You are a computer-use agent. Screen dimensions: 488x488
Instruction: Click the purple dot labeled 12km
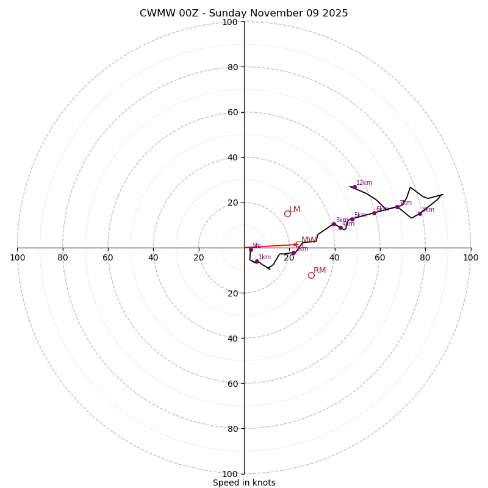(x=354, y=187)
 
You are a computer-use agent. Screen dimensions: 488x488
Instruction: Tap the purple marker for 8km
(x=420, y=213)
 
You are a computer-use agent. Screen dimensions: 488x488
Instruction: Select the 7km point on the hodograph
(x=397, y=207)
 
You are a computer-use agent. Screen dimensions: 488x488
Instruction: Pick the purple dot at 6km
(x=374, y=213)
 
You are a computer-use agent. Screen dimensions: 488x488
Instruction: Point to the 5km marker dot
(x=352, y=219)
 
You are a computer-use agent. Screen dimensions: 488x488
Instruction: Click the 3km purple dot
(x=334, y=224)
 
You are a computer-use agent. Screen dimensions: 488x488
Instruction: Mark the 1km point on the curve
(x=257, y=262)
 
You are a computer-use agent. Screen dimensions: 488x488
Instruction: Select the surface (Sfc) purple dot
(x=251, y=249)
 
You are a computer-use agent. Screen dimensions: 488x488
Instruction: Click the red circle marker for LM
(x=287, y=213)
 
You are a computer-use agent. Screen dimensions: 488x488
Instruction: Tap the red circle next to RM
(x=311, y=275)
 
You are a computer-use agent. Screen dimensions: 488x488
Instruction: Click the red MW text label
(x=309, y=240)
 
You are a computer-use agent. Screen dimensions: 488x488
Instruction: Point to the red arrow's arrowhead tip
(x=298, y=245)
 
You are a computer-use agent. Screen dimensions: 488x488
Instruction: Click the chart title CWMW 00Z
(x=244, y=13)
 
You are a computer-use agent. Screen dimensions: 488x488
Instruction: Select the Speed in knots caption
(x=244, y=483)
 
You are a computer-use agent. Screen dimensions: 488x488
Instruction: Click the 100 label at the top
(x=230, y=23)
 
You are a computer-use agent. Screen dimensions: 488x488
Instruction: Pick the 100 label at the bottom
(x=230, y=474)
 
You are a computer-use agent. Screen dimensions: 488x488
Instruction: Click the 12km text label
(x=364, y=183)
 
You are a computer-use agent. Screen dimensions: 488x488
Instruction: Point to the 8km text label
(x=428, y=210)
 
